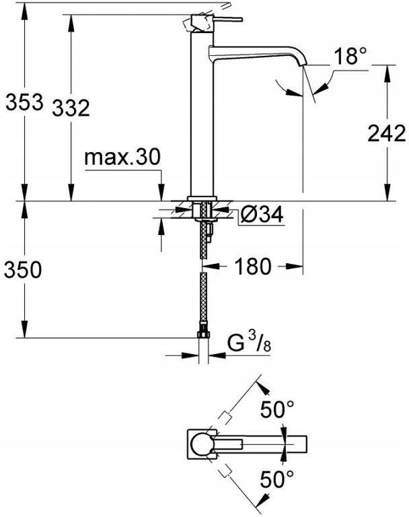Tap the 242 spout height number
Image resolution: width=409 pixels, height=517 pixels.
[x=387, y=133]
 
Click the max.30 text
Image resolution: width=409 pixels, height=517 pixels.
[x=122, y=158]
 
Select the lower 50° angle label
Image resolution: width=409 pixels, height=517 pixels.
[x=277, y=480]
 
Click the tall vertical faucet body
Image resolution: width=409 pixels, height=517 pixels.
[x=202, y=121]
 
